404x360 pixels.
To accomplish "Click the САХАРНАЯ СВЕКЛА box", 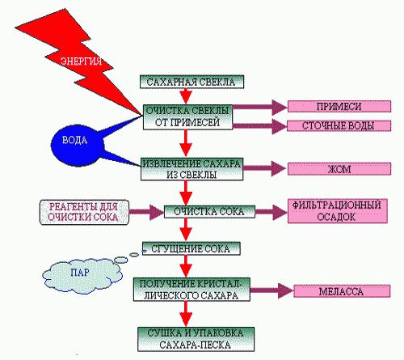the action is tap(191, 82).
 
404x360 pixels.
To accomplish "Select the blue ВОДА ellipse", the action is tap(78, 145).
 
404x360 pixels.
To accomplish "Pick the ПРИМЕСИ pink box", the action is tap(339, 106).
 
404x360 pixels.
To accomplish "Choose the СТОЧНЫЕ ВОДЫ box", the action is tap(339, 125).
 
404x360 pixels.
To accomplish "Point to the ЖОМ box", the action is tap(339, 169).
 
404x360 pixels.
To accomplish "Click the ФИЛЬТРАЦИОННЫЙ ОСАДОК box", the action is tap(338, 211).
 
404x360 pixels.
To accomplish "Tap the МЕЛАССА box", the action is tap(342, 291).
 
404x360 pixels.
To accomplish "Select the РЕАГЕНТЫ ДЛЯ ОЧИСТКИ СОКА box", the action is tap(84, 212).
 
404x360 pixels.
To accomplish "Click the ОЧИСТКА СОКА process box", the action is tap(209, 212).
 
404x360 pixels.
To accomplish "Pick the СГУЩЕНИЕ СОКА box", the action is tap(191, 248).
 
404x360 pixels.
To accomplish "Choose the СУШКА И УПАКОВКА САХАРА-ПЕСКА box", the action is tap(196, 339).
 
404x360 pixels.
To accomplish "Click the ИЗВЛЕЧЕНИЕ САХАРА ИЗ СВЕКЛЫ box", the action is tap(191, 169).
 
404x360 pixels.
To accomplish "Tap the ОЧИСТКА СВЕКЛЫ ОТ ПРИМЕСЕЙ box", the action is tap(187, 117).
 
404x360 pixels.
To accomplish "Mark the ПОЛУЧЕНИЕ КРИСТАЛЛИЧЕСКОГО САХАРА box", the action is tap(191, 290).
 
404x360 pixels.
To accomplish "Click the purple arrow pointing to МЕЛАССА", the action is tap(271, 290).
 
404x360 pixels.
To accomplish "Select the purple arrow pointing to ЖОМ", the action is tap(265, 168).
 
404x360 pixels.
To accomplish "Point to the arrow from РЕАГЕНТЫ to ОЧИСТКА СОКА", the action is tap(146, 212).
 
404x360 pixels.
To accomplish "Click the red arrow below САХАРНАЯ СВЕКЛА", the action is tap(186, 96).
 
